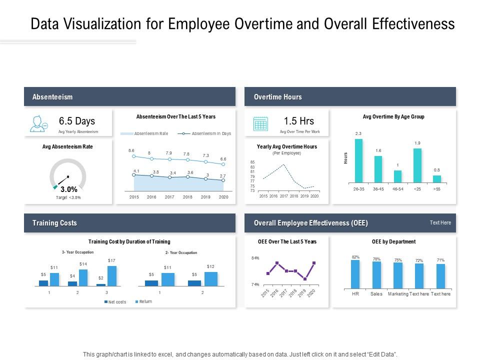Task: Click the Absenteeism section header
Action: pyautogui.click(x=52, y=97)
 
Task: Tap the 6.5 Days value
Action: pyautogui.click(x=76, y=121)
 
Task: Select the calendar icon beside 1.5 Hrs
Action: pyautogui.click(x=260, y=123)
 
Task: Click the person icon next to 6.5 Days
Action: pyautogui.click(x=38, y=123)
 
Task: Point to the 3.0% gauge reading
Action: pyautogui.click(x=68, y=189)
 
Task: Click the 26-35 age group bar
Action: pyautogui.click(x=358, y=160)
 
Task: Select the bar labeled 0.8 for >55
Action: pyautogui.click(x=436, y=179)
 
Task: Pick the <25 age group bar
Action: pyautogui.click(x=417, y=165)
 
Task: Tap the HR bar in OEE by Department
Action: pyautogui.click(x=355, y=274)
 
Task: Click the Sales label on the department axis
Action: pyautogui.click(x=376, y=294)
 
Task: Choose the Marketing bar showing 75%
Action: pyautogui.click(x=398, y=275)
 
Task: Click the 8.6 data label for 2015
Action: pyautogui.click(x=131, y=150)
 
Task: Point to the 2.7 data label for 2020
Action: pyautogui.click(x=223, y=176)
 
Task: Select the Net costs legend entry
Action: pyautogui.click(x=117, y=302)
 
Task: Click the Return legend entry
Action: pyautogui.click(x=145, y=301)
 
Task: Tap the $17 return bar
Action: pyautogui.click(x=112, y=275)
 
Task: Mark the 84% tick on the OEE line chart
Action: pyautogui.click(x=255, y=258)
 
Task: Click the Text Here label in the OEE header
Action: pyautogui.click(x=440, y=223)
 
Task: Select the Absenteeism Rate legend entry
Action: pyautogui.click(x=151, y=134)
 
